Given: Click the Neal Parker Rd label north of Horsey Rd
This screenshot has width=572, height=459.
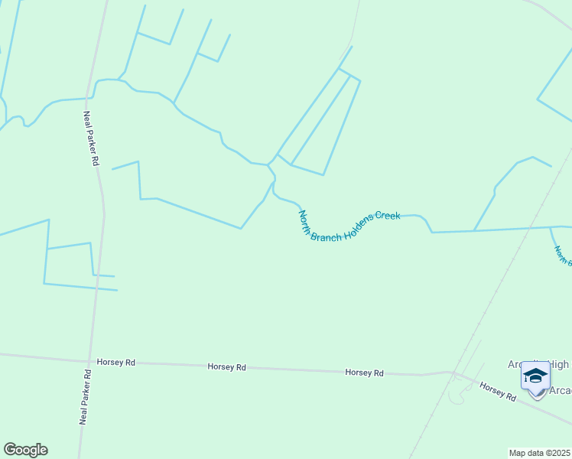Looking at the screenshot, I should (92, 138).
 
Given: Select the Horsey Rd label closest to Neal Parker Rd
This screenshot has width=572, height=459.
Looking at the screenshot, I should (115, 362).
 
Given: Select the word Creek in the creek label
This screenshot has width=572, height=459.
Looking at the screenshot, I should (388, 216).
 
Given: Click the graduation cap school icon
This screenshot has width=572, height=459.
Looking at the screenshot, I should (535, 376).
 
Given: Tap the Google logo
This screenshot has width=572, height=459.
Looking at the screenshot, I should (25, 450).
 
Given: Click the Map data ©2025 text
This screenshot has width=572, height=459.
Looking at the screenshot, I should (540, 453).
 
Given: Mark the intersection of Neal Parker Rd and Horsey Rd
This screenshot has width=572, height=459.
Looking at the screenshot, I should (89, 361).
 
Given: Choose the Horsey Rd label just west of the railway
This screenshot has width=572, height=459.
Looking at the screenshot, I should (364, 373).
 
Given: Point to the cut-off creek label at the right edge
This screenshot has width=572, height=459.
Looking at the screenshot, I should (563, 255).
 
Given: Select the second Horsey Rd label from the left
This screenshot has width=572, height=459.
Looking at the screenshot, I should (226, 367).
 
